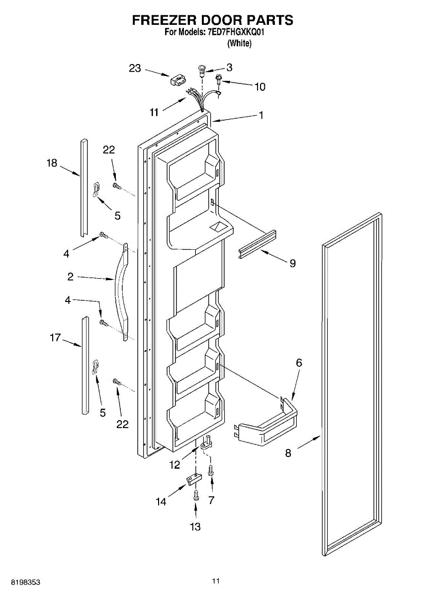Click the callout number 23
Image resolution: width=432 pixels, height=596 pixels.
click(135, 69)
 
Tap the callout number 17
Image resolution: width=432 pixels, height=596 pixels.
click(55, 338)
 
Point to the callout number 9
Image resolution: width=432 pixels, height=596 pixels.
click(293, 263)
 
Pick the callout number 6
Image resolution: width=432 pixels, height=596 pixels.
click(299, 363)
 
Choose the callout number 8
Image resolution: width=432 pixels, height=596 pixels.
click(288, 453)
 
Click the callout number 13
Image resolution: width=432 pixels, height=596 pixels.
click(195, 527)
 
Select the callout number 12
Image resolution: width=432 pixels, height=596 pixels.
click(174, 465)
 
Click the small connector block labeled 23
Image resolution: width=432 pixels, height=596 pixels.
click(178, 80)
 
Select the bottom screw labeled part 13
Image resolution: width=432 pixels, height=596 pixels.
click(196, 494)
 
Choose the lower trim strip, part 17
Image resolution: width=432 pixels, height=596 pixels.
click(85, 365)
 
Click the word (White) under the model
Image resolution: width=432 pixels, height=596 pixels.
click(240, 44)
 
